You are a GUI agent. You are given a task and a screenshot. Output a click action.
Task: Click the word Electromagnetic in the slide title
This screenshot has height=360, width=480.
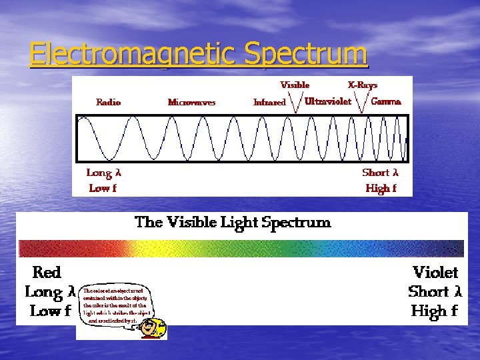(133, 54)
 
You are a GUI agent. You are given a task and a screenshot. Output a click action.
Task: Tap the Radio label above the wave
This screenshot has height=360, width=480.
(109, 102)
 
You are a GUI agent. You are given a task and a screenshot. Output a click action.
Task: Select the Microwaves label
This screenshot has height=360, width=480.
(192, 103)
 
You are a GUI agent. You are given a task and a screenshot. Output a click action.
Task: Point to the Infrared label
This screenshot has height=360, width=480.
(269, 103)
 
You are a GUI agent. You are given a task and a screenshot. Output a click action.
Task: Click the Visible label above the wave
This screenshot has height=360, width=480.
(295, 85)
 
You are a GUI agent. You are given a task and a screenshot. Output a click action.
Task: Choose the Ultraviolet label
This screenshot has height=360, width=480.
(327, 102)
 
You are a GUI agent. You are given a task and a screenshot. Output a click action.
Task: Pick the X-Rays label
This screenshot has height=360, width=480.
(363, 85)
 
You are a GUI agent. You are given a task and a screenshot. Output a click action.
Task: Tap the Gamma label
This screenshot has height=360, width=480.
(385, 102)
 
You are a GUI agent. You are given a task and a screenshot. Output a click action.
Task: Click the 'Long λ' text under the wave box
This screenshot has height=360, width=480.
(104, 173)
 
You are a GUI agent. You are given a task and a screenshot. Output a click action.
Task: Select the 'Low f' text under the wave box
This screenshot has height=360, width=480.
(103, 188)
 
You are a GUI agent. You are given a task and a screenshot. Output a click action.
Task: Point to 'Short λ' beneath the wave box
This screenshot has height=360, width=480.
(380, 173)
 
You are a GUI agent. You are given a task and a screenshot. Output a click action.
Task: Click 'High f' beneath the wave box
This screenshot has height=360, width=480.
(381, 188)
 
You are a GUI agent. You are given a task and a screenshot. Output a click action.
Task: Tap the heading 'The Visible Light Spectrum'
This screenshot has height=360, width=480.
(233, 222)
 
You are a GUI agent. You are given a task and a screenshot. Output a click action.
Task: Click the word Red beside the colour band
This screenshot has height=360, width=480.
(47, 273)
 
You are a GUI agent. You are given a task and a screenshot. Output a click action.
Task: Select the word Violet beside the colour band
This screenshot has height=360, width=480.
(435, 273)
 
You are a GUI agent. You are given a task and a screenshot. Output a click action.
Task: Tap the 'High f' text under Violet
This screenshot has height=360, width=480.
(434, 311)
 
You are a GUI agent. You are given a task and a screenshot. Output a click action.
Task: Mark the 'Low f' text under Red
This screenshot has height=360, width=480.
(50, 311)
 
